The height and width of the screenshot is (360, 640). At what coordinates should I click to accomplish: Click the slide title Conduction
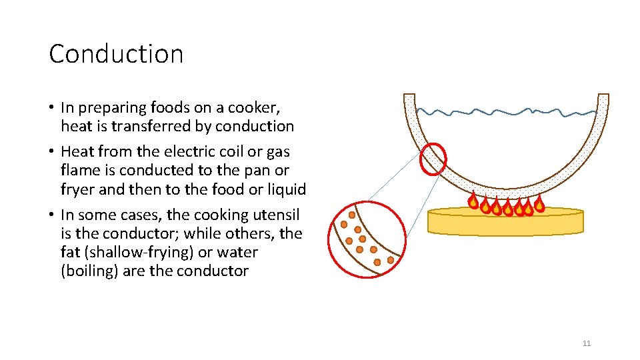click(116, 54)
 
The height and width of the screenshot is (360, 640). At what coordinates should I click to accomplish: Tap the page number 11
click(587, 343)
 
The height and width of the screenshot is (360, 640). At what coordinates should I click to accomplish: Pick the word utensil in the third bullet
click(277, 215)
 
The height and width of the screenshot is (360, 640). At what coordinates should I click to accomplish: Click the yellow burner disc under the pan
click(505, 222)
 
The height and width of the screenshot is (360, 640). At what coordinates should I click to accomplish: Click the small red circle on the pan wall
click(433, 158)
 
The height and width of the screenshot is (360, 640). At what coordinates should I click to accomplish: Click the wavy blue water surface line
click(507, 111)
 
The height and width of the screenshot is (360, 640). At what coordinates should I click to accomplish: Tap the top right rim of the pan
click(603, 98)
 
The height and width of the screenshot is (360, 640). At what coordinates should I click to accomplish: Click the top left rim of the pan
click(409, 98)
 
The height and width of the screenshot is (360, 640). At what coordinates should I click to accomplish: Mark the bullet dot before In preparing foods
click(52, 107)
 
